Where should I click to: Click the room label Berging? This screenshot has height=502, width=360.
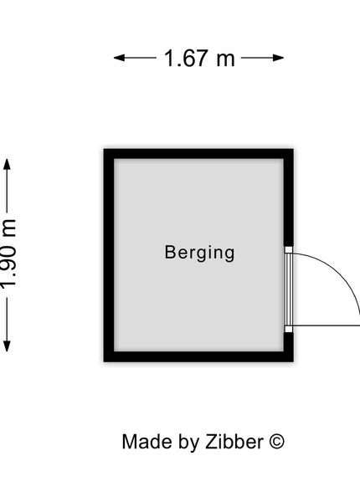pos(199,253)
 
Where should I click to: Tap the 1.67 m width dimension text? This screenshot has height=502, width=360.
pos(199,59)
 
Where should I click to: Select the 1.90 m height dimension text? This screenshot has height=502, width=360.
pos(8,254)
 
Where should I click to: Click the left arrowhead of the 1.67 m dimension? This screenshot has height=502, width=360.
pos(119,58)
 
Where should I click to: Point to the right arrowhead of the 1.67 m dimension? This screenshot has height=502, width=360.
pos(278,58)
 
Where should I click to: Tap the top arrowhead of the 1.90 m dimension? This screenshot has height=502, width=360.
pos(7,164)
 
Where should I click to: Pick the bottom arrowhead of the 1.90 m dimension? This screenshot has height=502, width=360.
pos(7,346)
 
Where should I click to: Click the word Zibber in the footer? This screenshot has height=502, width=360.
pos(234,442)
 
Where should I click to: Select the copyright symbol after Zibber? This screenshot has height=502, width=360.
pos(276,442)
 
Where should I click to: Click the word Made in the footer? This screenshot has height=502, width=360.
pos(147,442)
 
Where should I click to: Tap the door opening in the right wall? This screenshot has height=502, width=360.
pos(289,289)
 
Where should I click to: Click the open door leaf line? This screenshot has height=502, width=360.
pos(327,326)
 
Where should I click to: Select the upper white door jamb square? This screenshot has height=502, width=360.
pos(289,250)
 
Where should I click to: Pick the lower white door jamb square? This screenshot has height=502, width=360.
pos(289,329)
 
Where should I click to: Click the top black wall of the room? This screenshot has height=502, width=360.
pos(198,154)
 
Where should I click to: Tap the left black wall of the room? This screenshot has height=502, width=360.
pos(109,255)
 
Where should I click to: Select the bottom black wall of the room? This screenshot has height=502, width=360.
pos(198,356)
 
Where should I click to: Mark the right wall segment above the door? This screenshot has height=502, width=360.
pos(289,197)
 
